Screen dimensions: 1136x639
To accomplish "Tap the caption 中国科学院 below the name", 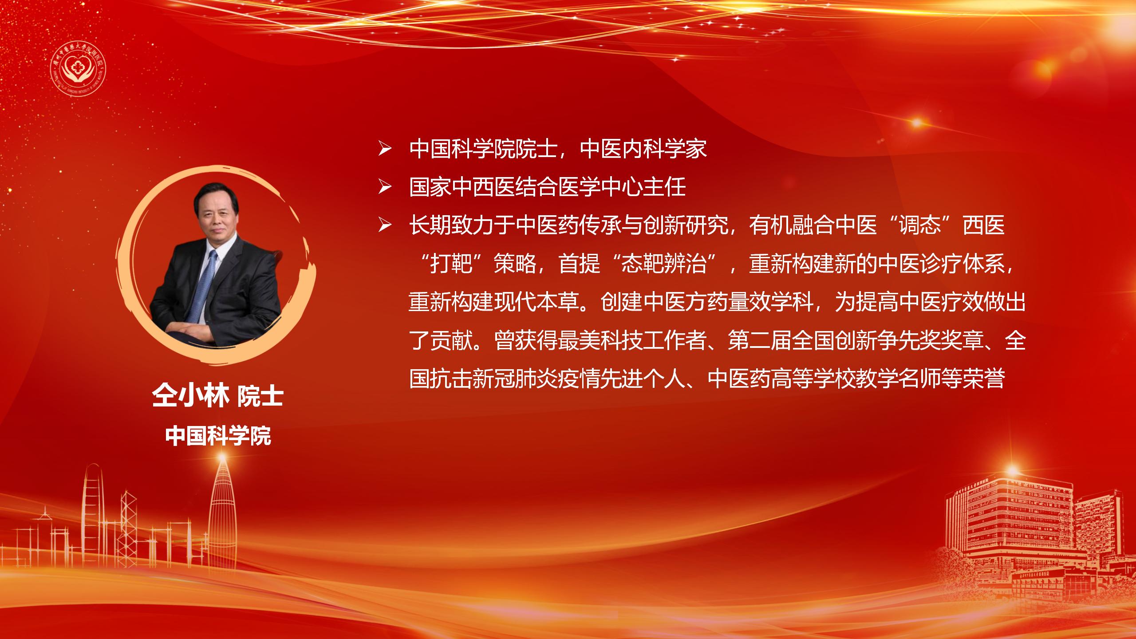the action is (x=218, y=436).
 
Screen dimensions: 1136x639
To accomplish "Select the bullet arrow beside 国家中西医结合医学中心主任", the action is (x=384, y=188).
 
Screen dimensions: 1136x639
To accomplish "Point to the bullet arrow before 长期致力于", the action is (x=384, y=226).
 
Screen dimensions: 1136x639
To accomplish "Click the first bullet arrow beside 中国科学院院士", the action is (x=384, y=150).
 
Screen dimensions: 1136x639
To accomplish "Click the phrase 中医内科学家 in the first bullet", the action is (x=643, y=149).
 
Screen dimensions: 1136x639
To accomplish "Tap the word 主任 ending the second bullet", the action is (x=664, y=188).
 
